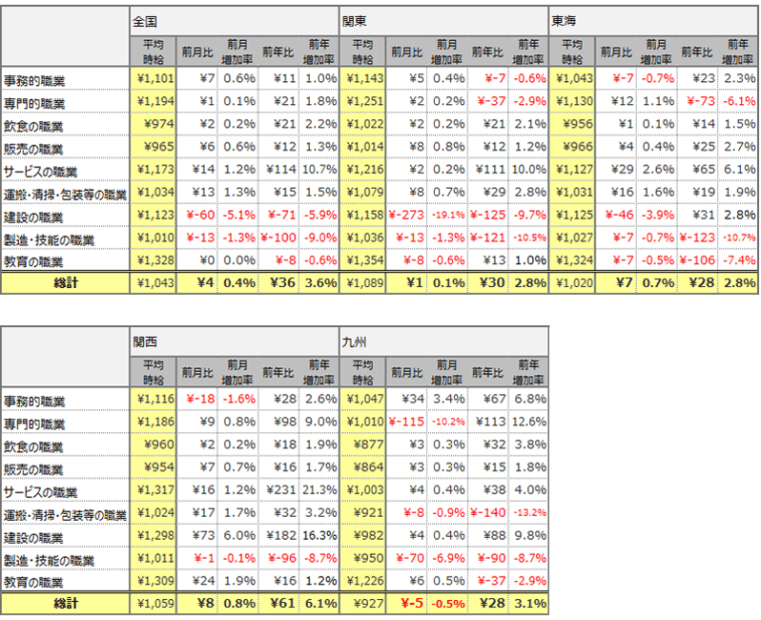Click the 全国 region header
[x=145, y=19]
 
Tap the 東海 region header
[x=565, y=19]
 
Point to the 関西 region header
[x=145, y=341]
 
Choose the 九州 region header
[x=355, y=341]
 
